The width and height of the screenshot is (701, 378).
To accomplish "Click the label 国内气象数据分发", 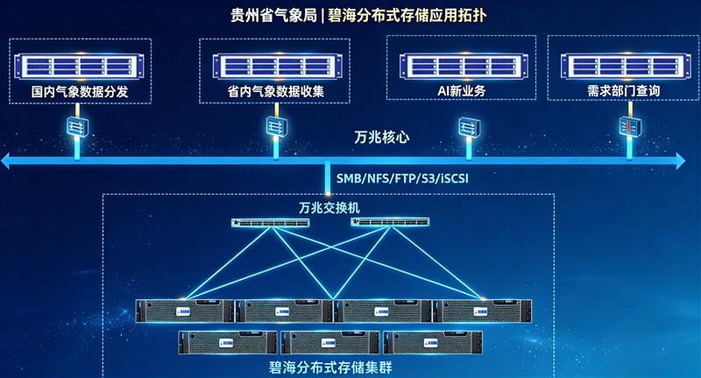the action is [x=80, y=92].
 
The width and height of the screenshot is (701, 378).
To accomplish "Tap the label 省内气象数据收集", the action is [x=276, y=91].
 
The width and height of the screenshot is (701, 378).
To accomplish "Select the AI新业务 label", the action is [x=462, y=91].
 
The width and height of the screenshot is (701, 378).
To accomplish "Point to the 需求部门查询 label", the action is [x=624, y=91].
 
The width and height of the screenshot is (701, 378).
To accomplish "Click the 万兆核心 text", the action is [x=381, y=138].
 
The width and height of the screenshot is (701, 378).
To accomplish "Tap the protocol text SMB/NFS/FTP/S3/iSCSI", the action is [x=402, y=179].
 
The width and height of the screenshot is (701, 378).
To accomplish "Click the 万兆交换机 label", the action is [x=329, y=208].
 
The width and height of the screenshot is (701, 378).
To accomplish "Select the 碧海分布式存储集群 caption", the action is [x=330, y=367].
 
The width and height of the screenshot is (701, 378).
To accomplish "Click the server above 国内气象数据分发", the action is [x=79, y=66].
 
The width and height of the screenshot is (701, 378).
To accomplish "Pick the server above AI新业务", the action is [x=464, y=66].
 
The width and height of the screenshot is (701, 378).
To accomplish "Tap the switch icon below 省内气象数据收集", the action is [x=277, y=126].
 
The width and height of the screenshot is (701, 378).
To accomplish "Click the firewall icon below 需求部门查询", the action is [x=630, y=126].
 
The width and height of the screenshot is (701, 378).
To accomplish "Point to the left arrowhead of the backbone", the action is [x=5, y=160].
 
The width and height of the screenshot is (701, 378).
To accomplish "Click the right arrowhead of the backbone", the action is [x=681, y=160].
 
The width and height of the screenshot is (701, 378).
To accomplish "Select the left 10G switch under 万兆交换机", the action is [x=271, y=222].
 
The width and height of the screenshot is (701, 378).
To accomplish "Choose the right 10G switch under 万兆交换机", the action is [x=390, y=221].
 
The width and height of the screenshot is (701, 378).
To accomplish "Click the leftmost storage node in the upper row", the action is [x=185, y=310].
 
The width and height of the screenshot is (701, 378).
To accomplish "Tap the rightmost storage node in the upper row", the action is [x=483, y=310].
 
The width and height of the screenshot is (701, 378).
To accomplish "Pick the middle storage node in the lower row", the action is [x=330, y=343].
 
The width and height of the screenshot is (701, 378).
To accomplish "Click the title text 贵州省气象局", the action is [x=273, y=15].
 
